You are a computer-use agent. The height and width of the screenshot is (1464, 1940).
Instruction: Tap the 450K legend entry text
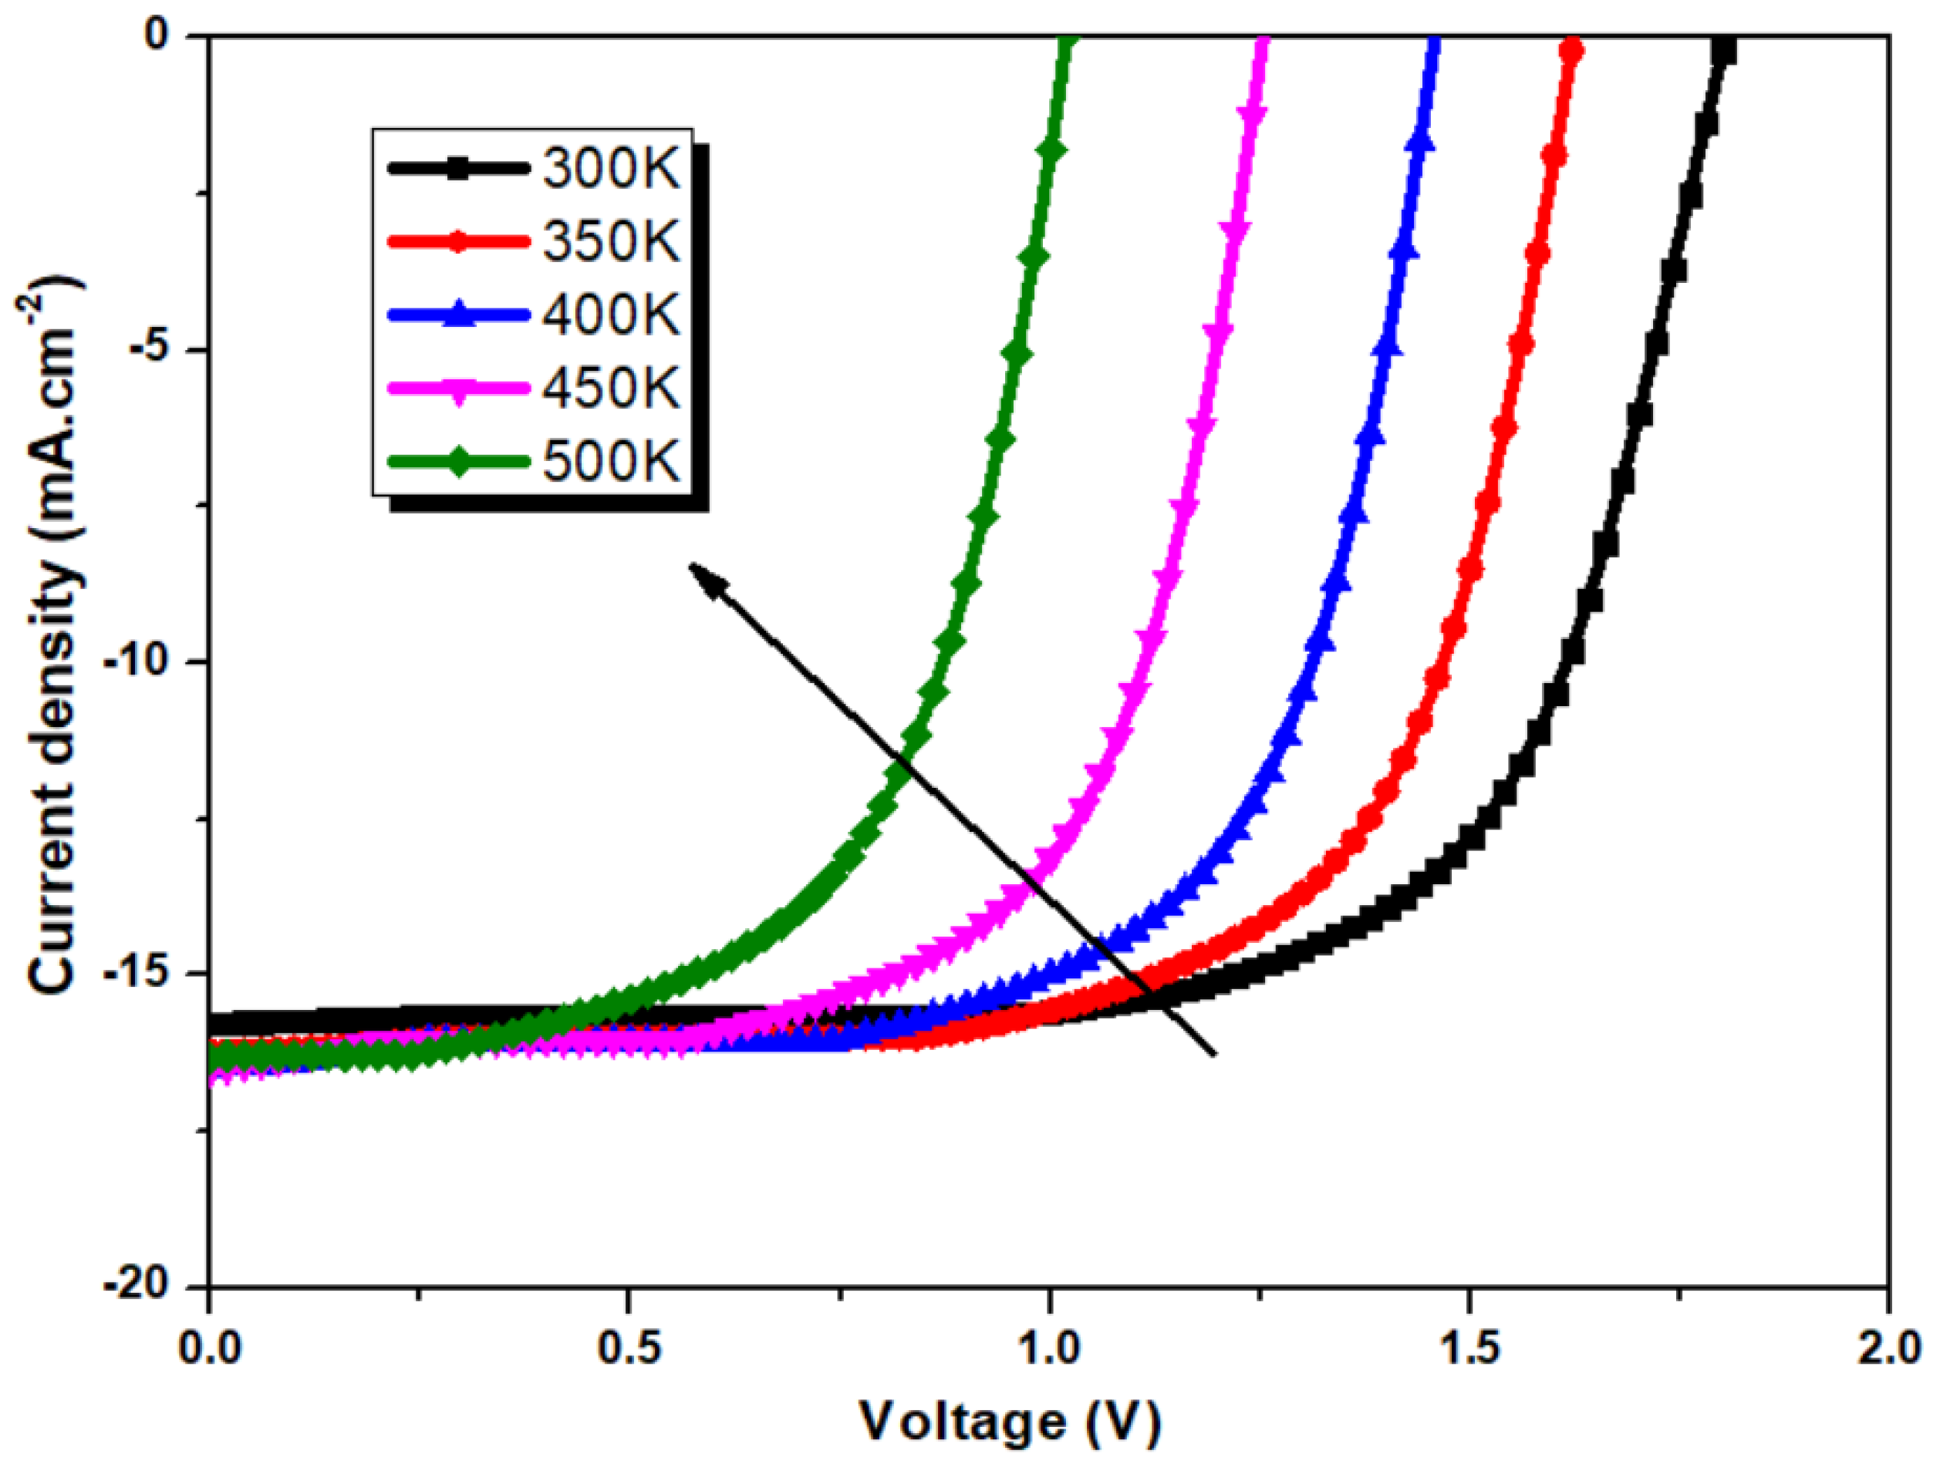coord(611,388)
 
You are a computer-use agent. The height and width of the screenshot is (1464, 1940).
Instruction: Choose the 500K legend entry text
coord(611,461)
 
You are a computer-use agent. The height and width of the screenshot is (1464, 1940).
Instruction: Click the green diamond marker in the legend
coord(457,463)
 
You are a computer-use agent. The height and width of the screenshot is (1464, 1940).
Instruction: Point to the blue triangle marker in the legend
coord(457,317)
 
